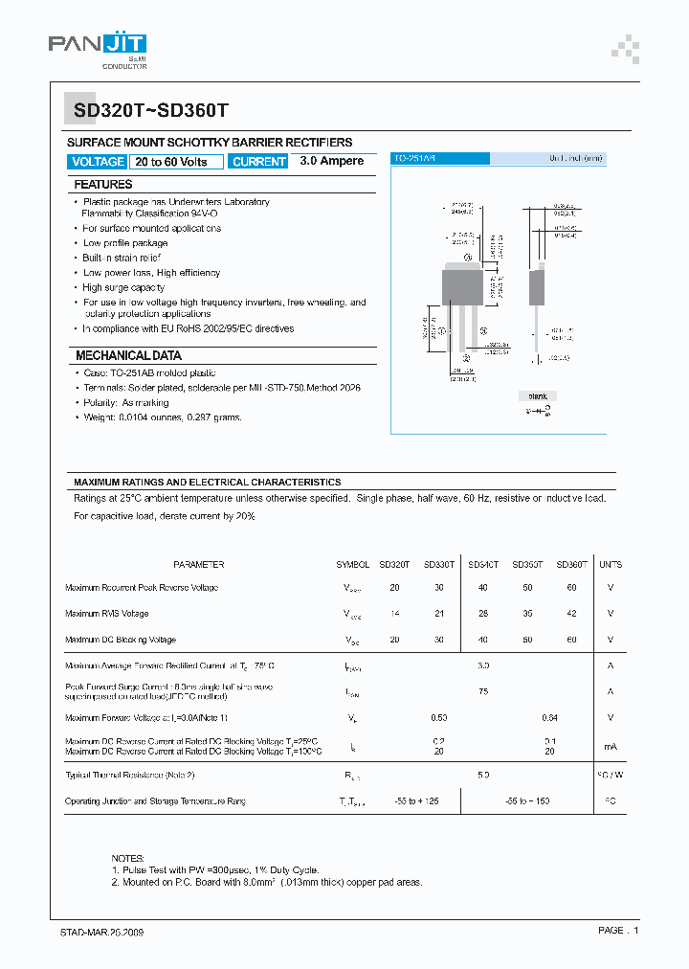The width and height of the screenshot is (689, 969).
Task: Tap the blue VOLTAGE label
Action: [x=98, y=162]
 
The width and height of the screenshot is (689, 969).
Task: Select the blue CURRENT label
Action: [x=258, y=162]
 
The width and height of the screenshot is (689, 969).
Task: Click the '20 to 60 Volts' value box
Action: [x=177, y=162]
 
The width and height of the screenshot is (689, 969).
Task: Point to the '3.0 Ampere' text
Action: [x=331, y=161]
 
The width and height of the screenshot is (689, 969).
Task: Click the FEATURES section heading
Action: [x=103, y=184]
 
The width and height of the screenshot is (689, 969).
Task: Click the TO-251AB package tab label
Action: [x=415, y=158]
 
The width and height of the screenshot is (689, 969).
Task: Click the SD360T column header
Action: [x=571, y=565]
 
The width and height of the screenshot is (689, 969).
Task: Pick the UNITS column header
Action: [x=610, y=565]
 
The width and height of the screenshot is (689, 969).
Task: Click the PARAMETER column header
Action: [x=199, y=565]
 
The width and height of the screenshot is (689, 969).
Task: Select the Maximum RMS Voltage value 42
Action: [x=571, y=614]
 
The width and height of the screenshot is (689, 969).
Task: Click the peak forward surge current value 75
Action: [x=483, y=690]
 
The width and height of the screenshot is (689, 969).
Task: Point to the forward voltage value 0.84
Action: [x=549, y=717]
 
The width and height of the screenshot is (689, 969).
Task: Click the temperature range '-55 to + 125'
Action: [x=416, y=800]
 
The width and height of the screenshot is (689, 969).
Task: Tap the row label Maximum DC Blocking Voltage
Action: [x=121, y=640]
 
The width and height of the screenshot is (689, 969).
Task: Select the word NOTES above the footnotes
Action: [x=128, y=858]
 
